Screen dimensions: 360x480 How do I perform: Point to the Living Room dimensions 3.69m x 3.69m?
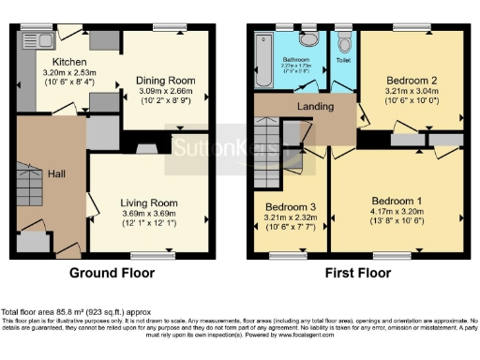149,215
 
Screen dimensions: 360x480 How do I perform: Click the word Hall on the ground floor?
55,173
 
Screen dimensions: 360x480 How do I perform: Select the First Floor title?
357,274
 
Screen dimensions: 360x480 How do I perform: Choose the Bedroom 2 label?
413,82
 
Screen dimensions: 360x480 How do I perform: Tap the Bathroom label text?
297,58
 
